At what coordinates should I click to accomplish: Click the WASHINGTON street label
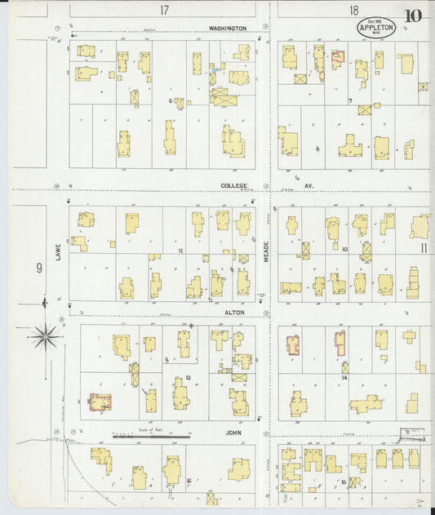pos(228,28)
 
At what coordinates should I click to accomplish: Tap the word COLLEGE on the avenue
pos(233,185)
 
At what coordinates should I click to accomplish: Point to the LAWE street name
pos(59,252)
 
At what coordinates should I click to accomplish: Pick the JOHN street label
pos(234,425)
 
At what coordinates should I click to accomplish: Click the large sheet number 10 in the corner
pos(412,16)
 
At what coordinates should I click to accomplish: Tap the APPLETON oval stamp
pos(376,29)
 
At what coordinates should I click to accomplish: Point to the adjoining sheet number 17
pos(164,10)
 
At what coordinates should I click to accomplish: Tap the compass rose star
pos(46,334)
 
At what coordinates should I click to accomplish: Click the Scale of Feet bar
pos(151,437)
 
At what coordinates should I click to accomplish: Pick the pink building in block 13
pos(100,402)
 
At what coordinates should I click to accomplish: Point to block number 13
pos(188,377)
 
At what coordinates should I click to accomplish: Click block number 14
pos(344,378)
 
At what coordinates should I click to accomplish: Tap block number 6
pos(171,100)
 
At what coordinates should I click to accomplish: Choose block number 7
pos(349,100)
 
